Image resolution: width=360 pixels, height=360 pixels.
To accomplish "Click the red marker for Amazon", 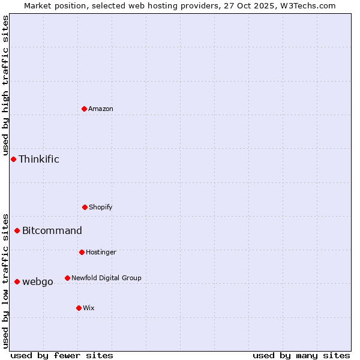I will coord(84,109).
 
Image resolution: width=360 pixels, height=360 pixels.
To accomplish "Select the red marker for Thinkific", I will coord(13,159).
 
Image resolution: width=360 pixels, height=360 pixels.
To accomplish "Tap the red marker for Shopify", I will coord(85,207).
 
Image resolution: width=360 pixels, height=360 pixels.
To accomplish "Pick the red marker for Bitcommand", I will coord(17,230).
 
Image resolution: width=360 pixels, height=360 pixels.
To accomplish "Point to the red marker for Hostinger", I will coord(82,252).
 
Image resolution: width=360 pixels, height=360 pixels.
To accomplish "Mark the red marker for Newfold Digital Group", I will coord(67,278).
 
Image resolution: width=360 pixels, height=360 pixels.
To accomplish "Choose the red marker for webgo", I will coord(17,281).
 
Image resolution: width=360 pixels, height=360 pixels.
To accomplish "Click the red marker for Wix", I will coord(79,308).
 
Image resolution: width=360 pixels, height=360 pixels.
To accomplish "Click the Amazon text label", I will coord(101,109).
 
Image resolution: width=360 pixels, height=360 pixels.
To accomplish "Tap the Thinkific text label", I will coord(39,159).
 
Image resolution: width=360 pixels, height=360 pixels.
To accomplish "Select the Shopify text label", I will coord(101,207).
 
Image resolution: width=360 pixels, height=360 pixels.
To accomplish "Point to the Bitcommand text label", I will coord(52,230).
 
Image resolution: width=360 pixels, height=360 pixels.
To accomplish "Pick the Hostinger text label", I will coord(101,252).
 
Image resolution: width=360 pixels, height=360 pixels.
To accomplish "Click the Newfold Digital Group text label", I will coord(106,278).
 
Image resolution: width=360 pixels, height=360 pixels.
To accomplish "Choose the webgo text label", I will coord(38,281).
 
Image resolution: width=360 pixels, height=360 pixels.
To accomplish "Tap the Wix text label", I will coord(89,308).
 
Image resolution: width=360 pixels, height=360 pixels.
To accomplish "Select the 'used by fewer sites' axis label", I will coord(62,355).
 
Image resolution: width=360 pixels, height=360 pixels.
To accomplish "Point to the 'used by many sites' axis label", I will coord(301,355).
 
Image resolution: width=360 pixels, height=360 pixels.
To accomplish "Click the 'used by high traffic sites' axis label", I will coord(5,86).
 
